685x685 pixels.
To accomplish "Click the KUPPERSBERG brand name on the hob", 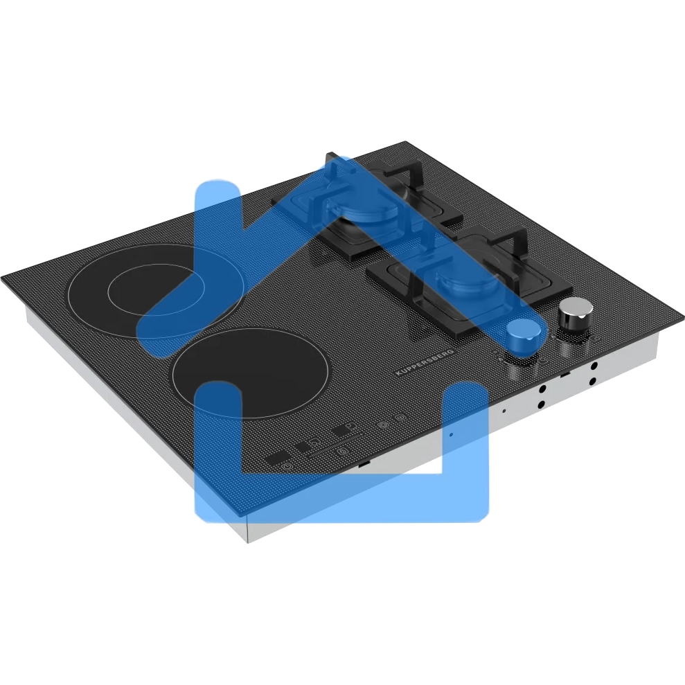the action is tap(425, 363).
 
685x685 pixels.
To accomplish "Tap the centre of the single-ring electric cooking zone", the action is tap(250, 372).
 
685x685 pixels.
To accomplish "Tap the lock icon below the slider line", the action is tap(343, 452).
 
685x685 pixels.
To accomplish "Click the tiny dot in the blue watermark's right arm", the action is tap(452, 435).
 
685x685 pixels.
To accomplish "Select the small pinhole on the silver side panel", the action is tap(504, 411).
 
